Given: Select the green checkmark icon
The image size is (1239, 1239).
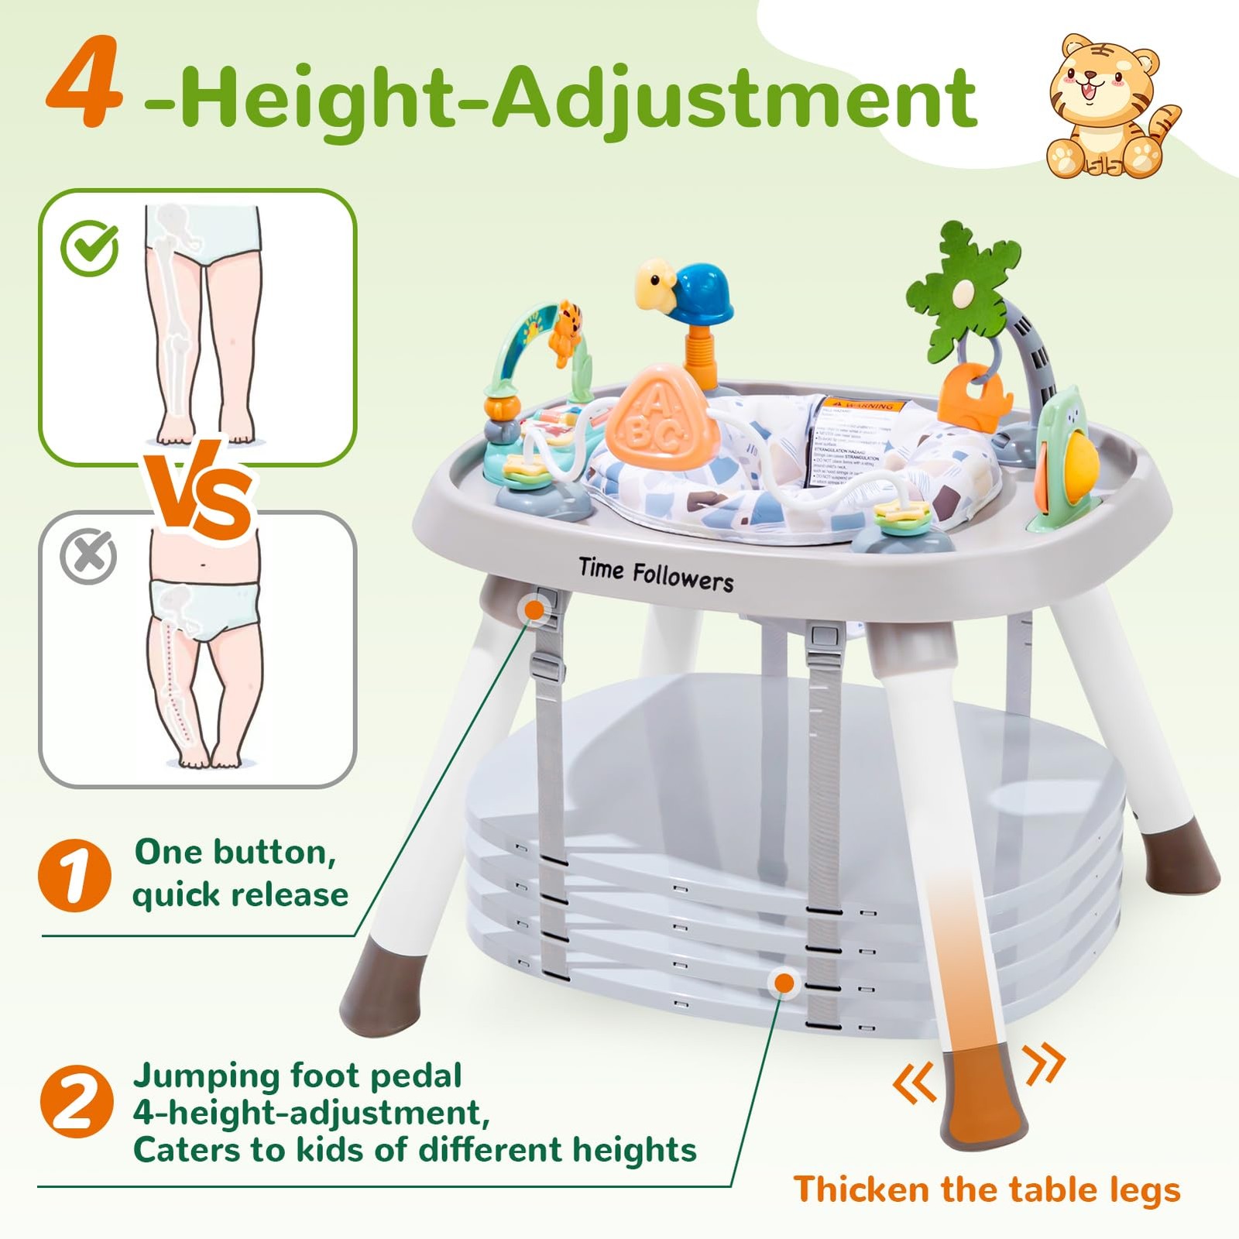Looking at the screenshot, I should [x=90, y=249].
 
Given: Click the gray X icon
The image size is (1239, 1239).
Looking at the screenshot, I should [x=88, y=556].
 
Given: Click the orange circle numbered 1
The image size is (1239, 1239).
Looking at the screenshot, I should [x=74, y=875].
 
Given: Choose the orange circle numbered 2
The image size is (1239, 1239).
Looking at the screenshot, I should [x=76, y=1103].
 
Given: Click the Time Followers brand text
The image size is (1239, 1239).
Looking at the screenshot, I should [x=656, y=575].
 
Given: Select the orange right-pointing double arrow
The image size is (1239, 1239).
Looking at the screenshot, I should [x=1045, y=1063].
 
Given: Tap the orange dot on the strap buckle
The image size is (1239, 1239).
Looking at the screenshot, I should [x=534, y=610].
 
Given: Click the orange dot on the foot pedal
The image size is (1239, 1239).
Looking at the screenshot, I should [x=784, y=983].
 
